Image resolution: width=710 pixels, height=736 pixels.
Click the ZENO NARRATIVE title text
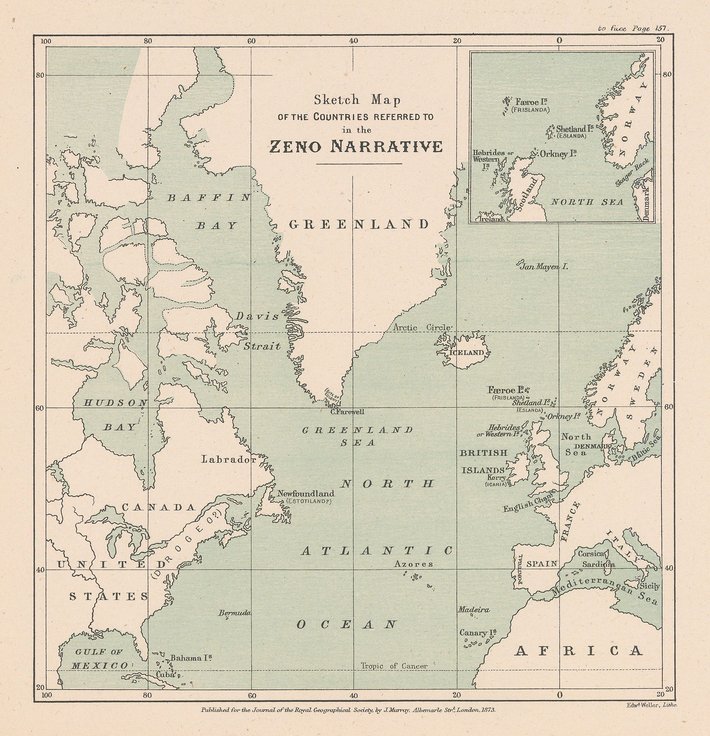pos(355,146)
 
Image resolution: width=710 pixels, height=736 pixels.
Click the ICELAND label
pos(469,353)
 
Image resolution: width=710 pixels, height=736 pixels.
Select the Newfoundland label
pos(306,494)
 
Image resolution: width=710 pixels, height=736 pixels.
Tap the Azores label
pos(413,564)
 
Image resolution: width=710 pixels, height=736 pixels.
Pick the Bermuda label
pos(235,613)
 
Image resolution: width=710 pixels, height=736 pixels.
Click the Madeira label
pos(473,609)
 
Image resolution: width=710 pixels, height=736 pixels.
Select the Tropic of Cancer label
pos(394,666)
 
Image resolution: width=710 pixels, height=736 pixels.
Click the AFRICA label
pos(578,650)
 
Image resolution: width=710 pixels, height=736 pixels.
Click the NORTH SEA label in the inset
pos(587,202)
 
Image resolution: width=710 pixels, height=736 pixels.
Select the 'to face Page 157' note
pos(633,28)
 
